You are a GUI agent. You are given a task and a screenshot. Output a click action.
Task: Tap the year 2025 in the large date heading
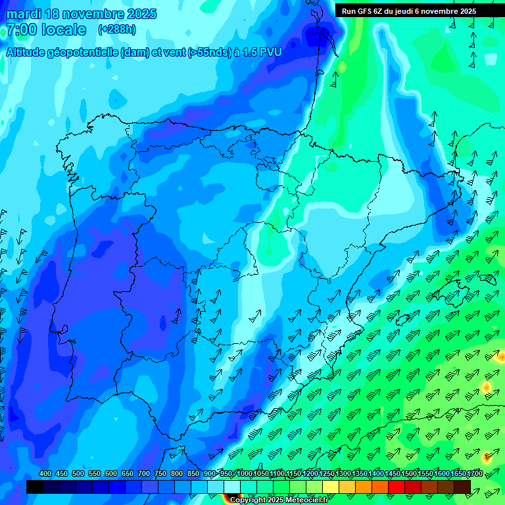pyautogui.click(x=139, y=14)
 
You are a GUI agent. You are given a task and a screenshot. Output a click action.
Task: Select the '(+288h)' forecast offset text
pyautogui.click(x=116, y=30)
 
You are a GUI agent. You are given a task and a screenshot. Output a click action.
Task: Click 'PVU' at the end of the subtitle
pyautogui.click(x=270, y=53)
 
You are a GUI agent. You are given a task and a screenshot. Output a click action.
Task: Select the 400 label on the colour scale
pyautogui.click(x=45, y=474)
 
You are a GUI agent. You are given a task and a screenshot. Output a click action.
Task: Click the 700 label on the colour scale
pyautogui.click(x=144, y=474)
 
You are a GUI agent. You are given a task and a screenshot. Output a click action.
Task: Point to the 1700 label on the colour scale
pyautogui.click(x=458, y=474)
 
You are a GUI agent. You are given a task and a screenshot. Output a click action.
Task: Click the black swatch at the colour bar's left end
pyautogui.click(x=35, y=487)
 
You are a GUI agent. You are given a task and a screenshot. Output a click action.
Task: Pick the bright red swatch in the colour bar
pyautogui.click(x=397, y=487)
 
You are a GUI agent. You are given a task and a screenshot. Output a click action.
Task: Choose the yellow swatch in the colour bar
pyautogui.click(x=331, y=487)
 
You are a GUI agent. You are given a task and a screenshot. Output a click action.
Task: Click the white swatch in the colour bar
pyautogui.click(x=232, y=487)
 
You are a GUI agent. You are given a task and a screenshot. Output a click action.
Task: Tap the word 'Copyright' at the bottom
pyautogui.click(x=248, y=500)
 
